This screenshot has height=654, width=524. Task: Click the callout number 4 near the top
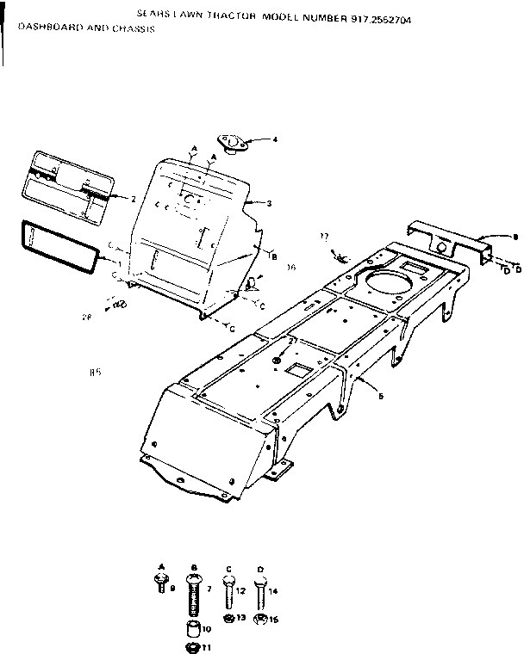pyautogui.click(x=275, y=139)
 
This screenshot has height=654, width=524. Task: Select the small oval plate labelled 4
pyautogui.click(x=233, y=142)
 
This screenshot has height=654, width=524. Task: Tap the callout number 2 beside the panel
pyautogui.click(x=133, y=199)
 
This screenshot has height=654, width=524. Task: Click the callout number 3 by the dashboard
pyautogui.click(x=269, y=203)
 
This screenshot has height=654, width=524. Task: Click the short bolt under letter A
pyautogui.click(x=161, y=584)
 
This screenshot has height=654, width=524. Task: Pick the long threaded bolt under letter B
pyautogui.click(x=192, y=593)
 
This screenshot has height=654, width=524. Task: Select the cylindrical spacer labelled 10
pyautogui.click(x=193, y=623)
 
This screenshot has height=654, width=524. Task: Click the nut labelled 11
pyautogui.click(x=193, y=645)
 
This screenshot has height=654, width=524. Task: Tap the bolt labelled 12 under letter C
pyautogui.click(x=228, y=592)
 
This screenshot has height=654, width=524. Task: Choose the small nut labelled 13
pyautogui.click(x=228, y=618)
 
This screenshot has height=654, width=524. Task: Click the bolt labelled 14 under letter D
pyautogui.click(x=259, y=592)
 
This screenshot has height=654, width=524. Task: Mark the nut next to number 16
pyautogui.click(x=260, y=618)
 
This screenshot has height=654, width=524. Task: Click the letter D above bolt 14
pyautogui.click(x=259, y=569)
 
